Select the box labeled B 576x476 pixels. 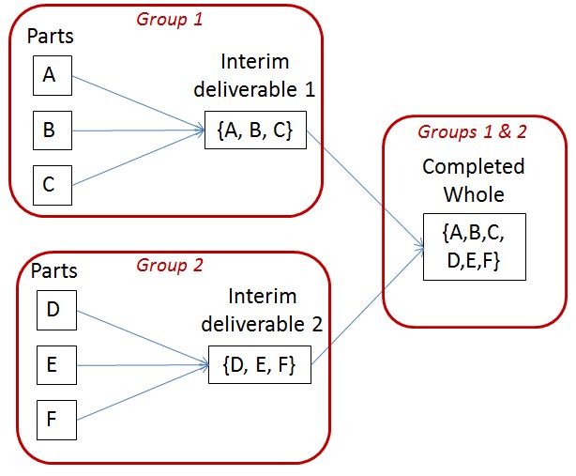(51, 131)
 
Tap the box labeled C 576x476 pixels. (51, 184)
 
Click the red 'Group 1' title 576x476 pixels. (169, 18)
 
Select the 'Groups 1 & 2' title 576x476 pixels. (473, 131)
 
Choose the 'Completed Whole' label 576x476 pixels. (474, 181)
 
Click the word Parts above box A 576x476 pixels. (51, 38)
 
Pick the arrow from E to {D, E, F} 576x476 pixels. (141, 364)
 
